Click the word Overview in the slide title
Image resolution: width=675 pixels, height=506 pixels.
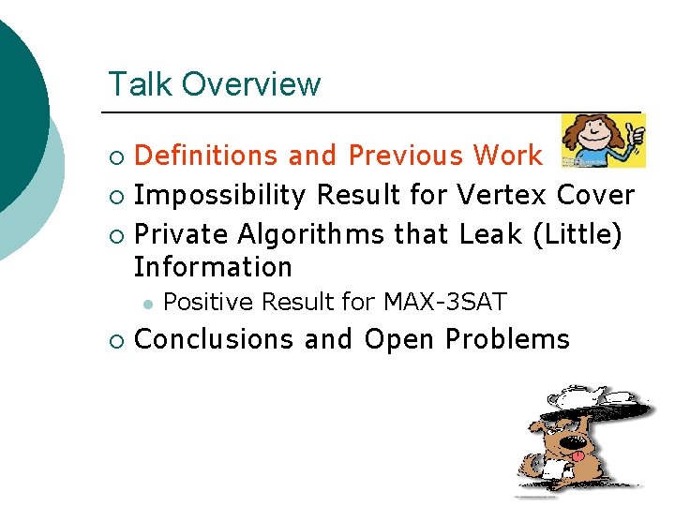point(251,84)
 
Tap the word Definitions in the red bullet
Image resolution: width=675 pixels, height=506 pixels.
point(207,155)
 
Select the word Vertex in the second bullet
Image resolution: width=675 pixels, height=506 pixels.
point(502,195)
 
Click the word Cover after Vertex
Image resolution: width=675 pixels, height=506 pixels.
point(595,195)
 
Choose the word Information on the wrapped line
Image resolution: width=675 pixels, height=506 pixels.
point(214,267)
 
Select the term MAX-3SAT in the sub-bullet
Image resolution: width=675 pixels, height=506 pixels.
point(444,302)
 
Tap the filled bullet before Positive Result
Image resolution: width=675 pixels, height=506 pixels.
point(146,303)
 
